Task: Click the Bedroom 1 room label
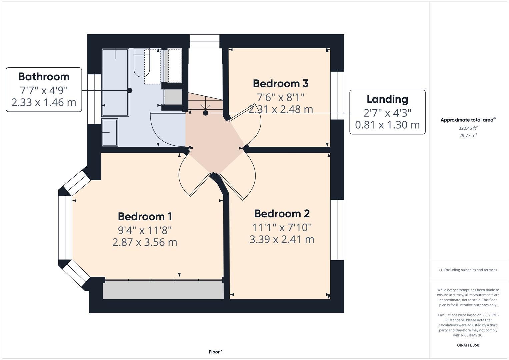[145, 217]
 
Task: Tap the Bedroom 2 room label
[282, 214]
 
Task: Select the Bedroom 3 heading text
[281, 83]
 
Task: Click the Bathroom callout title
[44, 77]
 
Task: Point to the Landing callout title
[387, 99]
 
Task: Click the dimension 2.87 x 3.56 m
[145, 242]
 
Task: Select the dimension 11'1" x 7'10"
[282, 227]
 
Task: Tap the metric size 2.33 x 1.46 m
[44, 102]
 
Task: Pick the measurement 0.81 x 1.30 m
[387, 125]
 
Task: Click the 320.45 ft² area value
[468, 128]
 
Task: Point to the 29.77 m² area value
[468, 135]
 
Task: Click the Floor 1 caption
[216, 352]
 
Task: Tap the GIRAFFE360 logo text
[468, 345]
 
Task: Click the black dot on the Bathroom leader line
[130, 90]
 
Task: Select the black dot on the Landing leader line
[206, 113]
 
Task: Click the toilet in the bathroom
[142, 63]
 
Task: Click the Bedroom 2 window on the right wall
[337, 230]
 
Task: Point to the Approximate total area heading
[468, 120]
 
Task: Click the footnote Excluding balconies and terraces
[468, 270]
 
